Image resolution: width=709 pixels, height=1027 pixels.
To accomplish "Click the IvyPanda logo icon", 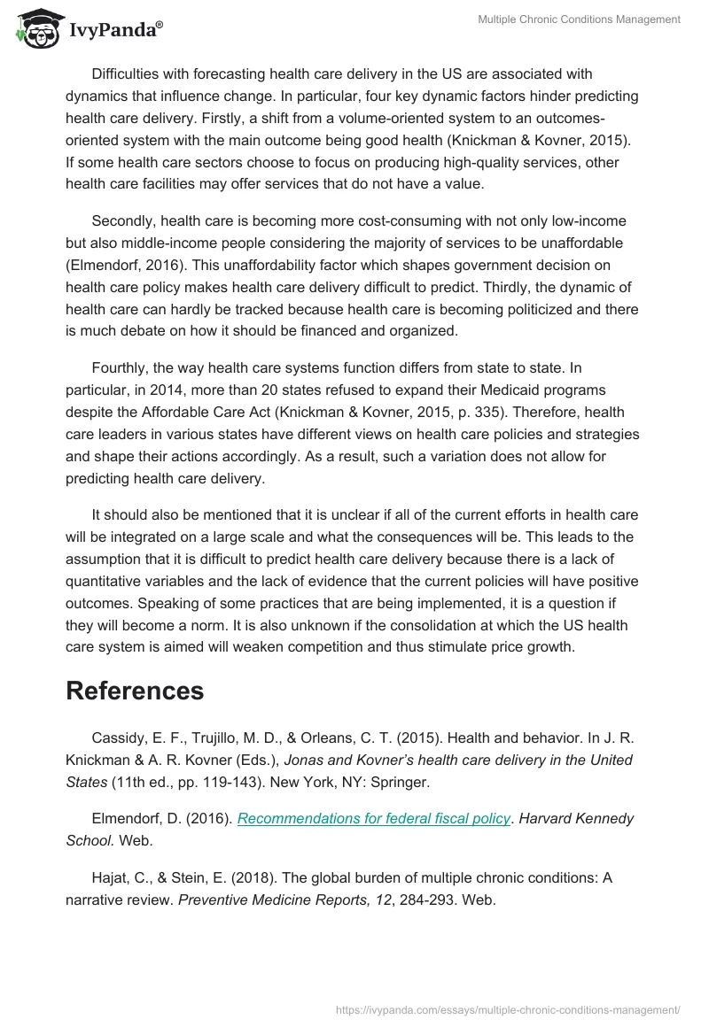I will [35, 27].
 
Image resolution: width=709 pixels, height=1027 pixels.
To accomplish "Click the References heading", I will [135, 690].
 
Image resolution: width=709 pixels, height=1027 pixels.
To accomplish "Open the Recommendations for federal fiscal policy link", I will [374, 818].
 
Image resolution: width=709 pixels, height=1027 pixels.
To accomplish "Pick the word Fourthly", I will [124, 367].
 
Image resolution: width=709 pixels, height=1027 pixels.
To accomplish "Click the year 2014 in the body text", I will [194, 390].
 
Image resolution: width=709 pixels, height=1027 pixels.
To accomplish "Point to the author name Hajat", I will [110, 877].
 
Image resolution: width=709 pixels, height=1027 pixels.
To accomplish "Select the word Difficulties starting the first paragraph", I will [129, 73].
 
